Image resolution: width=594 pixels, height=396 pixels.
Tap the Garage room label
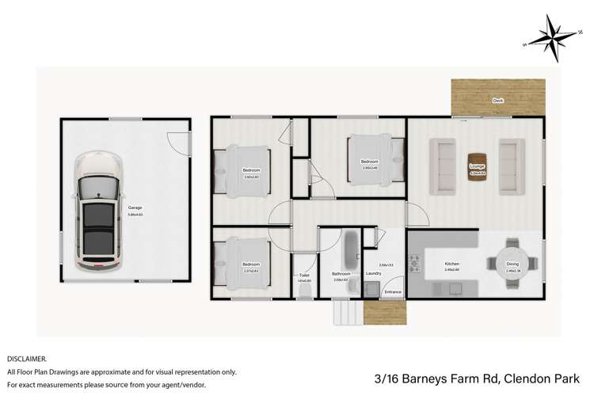[x=147, y=208]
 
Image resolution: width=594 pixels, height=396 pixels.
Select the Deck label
[x=497, y=101]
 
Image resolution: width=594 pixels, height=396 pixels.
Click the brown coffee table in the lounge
[x=477, y=167]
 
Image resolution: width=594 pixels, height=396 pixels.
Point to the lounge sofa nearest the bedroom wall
[x=442, y=166]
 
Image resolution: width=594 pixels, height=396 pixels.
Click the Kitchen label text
[x=451, y=264]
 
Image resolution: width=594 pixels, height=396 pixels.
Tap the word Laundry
[x=374, y=273]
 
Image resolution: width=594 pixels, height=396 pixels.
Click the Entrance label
[x=393, y=292]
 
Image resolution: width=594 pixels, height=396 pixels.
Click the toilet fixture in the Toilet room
[x=304, y=291]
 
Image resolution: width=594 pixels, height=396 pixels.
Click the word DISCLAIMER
[x=26, y=358]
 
